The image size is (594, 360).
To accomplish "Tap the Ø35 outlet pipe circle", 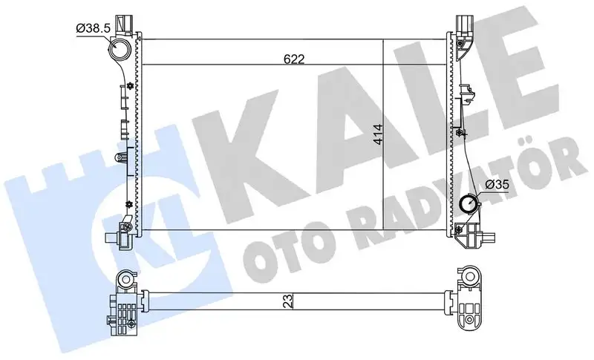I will pos(469,203).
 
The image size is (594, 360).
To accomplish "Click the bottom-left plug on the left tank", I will pos(114,239).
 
